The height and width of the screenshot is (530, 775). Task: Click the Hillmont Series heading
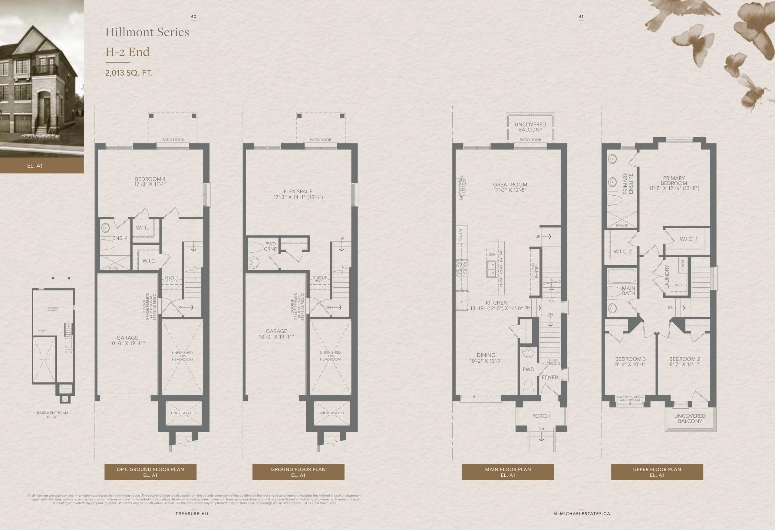coord(147,32)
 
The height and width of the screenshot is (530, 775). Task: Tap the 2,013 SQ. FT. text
coord(129,73)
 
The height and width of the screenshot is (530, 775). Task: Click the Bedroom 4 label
coord(150,179)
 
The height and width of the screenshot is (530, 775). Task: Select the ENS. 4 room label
coord(120,238)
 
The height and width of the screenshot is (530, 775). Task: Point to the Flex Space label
coord(298,191)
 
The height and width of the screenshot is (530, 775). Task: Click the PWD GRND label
coord(270,246)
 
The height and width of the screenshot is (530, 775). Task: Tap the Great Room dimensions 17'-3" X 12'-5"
coord(510,190)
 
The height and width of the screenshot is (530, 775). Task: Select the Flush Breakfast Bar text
coord(501,267)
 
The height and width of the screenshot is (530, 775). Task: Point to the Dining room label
coord(486,355)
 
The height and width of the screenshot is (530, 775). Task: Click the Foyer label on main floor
coord(549,377)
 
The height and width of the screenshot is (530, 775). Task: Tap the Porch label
coord(541,416)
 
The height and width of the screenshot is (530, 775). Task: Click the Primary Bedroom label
coord(674,181)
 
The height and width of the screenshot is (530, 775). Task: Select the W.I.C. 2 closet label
coord(623,251)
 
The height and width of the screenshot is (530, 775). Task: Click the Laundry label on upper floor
coord(667,277)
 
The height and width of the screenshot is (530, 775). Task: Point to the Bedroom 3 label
coord(630,359)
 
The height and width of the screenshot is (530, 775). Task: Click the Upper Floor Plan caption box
coord(657,472)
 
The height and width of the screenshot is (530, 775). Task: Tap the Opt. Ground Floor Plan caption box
coord(150,472)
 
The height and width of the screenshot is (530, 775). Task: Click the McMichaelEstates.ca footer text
coord(582,514)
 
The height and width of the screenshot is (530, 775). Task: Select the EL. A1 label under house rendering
coord(35,166)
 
